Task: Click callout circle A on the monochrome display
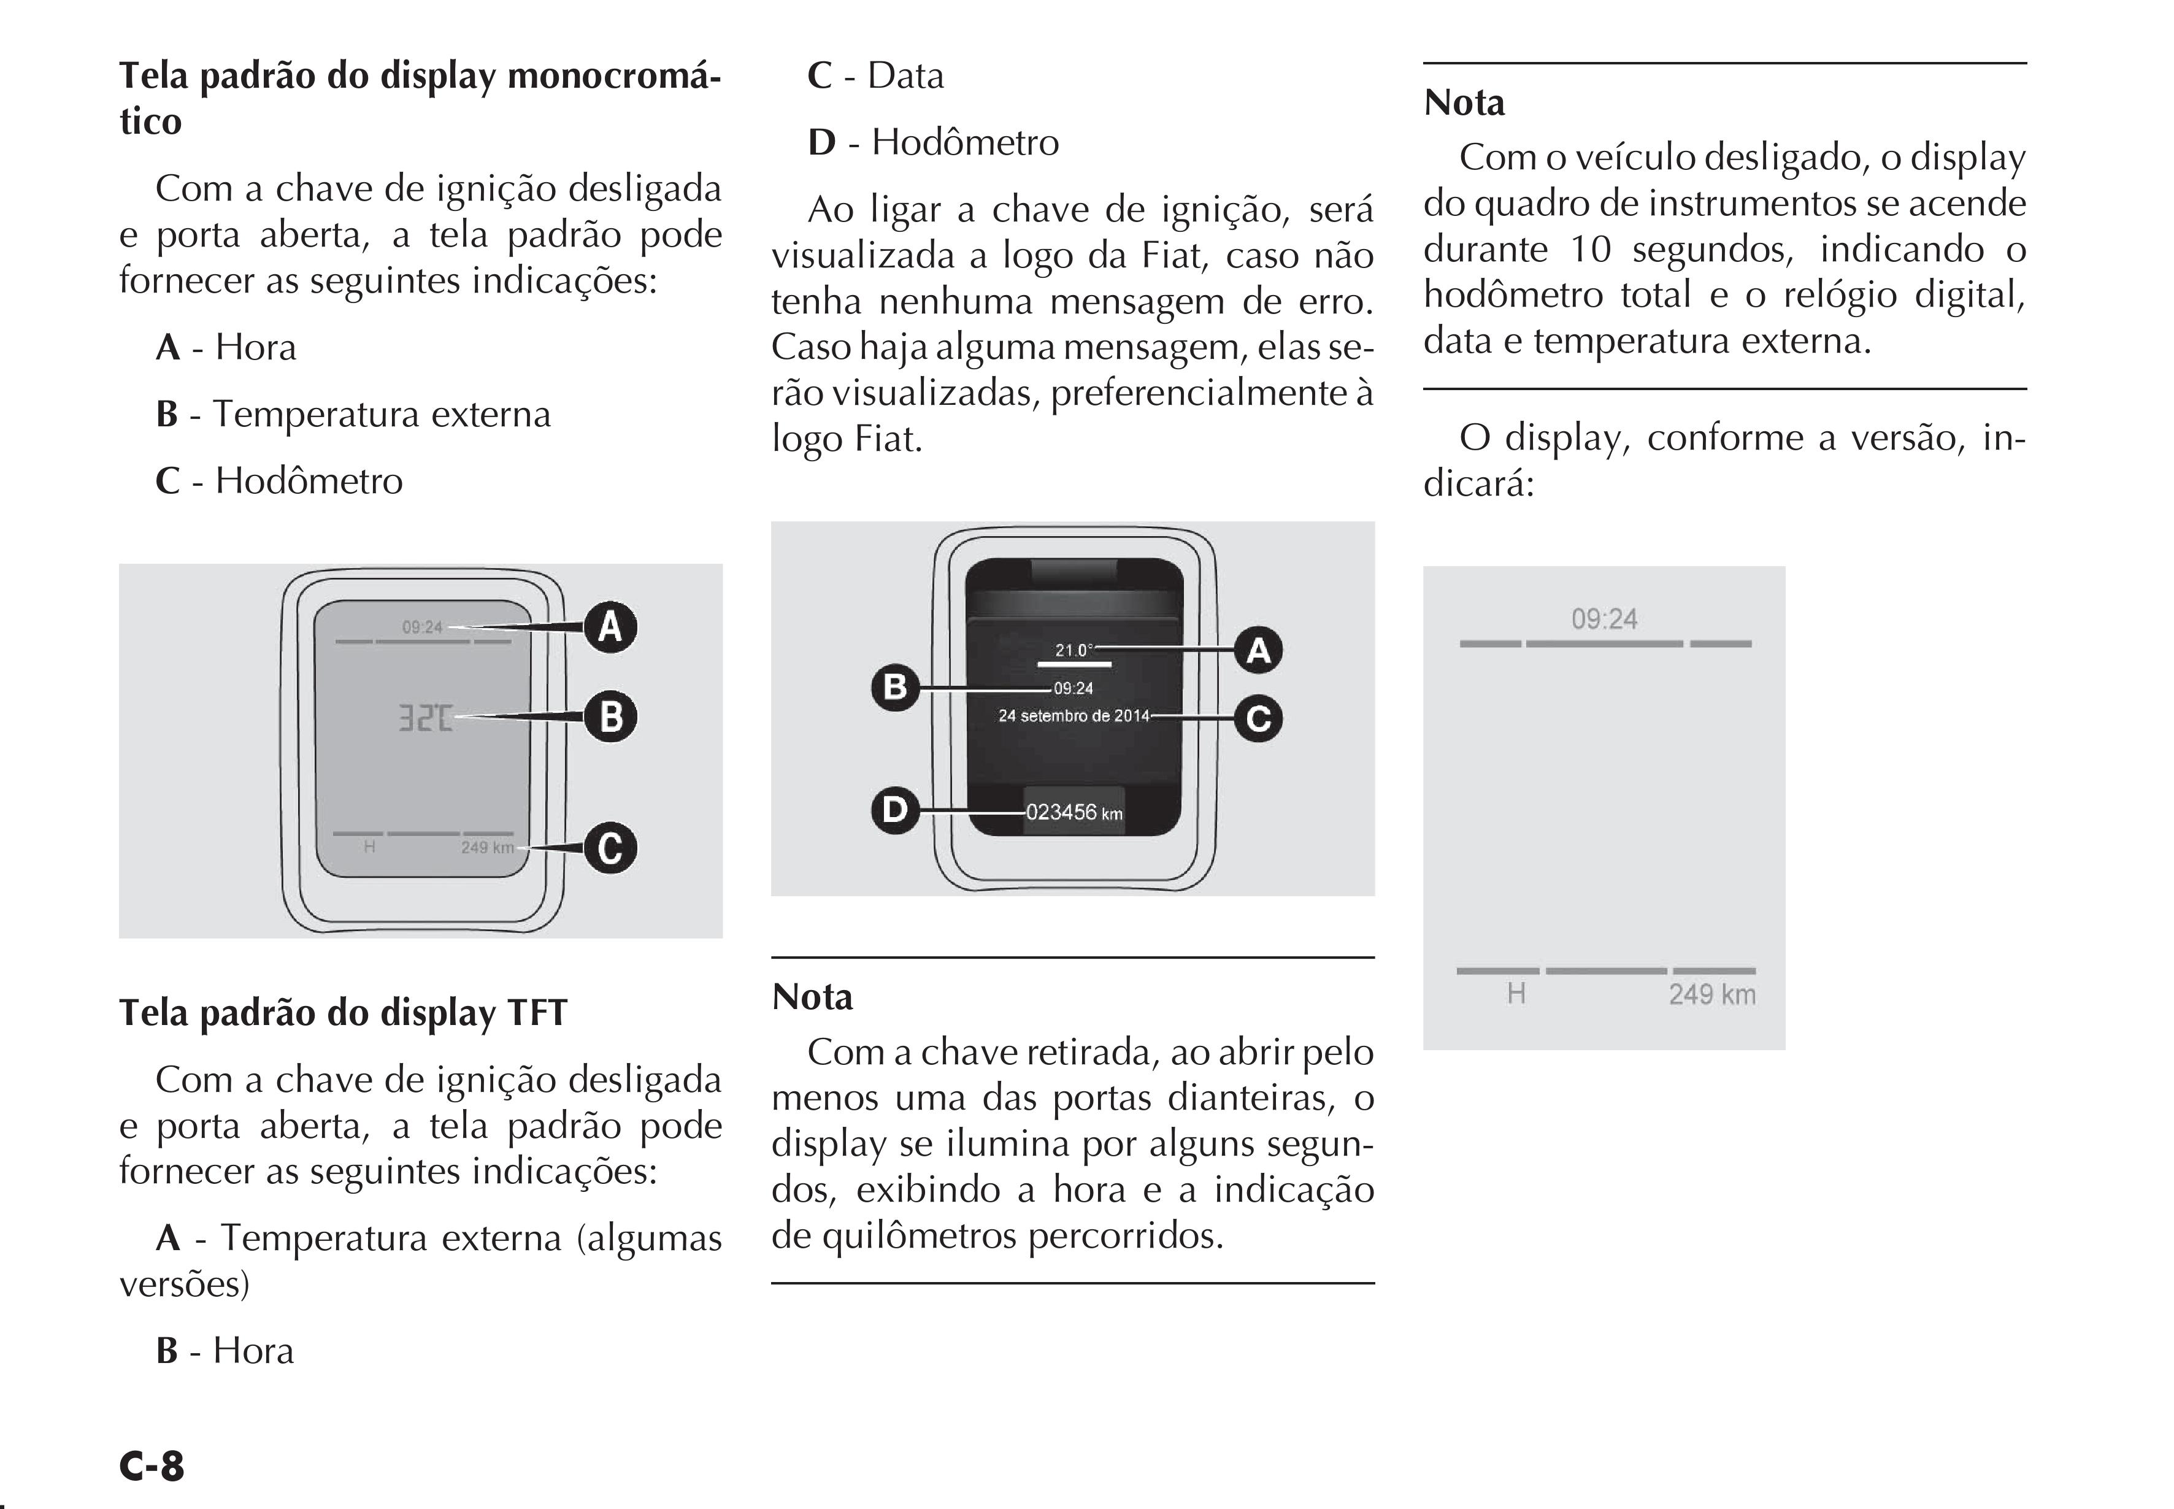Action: coord(610,627)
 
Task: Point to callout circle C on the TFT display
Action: coord(1259,718)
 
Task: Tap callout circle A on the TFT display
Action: coord(1259,650)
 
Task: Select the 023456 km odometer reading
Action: coord(1074,812)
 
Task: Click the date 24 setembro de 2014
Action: coord(1074,716)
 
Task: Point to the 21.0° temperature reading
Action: coord(1074,650)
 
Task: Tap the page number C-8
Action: coord(152,1465)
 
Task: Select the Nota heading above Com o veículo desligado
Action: coord(1464,102)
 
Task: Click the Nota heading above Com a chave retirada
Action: coord(812,997)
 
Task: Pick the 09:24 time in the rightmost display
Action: coord(1604,620)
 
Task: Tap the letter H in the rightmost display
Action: coord(1516,994)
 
